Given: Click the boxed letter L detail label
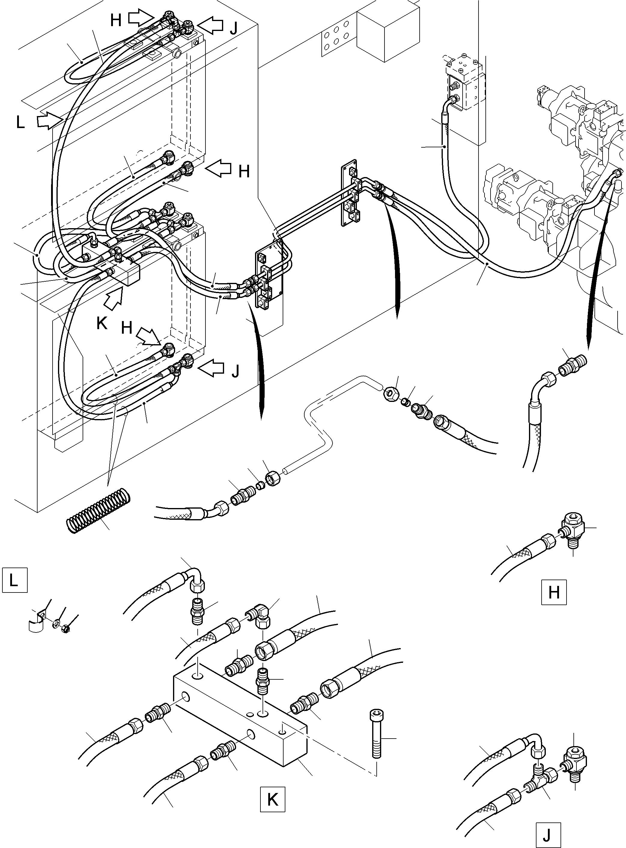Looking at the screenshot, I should pyautogui.click(x=14, y=580).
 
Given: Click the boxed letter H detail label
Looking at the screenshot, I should pyautogui.click(x=554, y=592).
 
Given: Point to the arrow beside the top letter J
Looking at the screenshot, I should pyautogui.click(x=211, y=25).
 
